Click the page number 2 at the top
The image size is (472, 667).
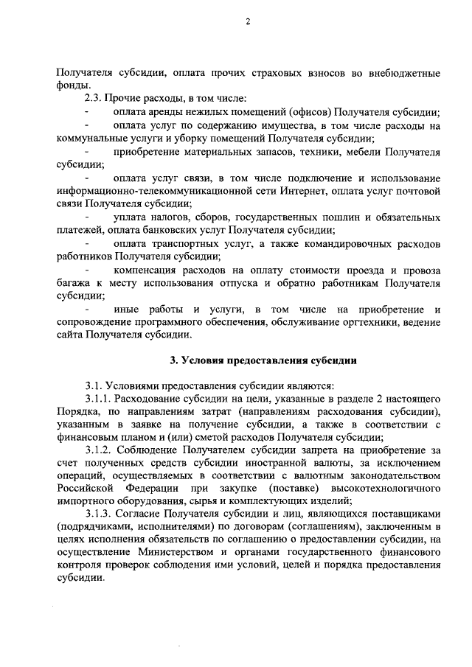pyautogui.click(x=249, y=23)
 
